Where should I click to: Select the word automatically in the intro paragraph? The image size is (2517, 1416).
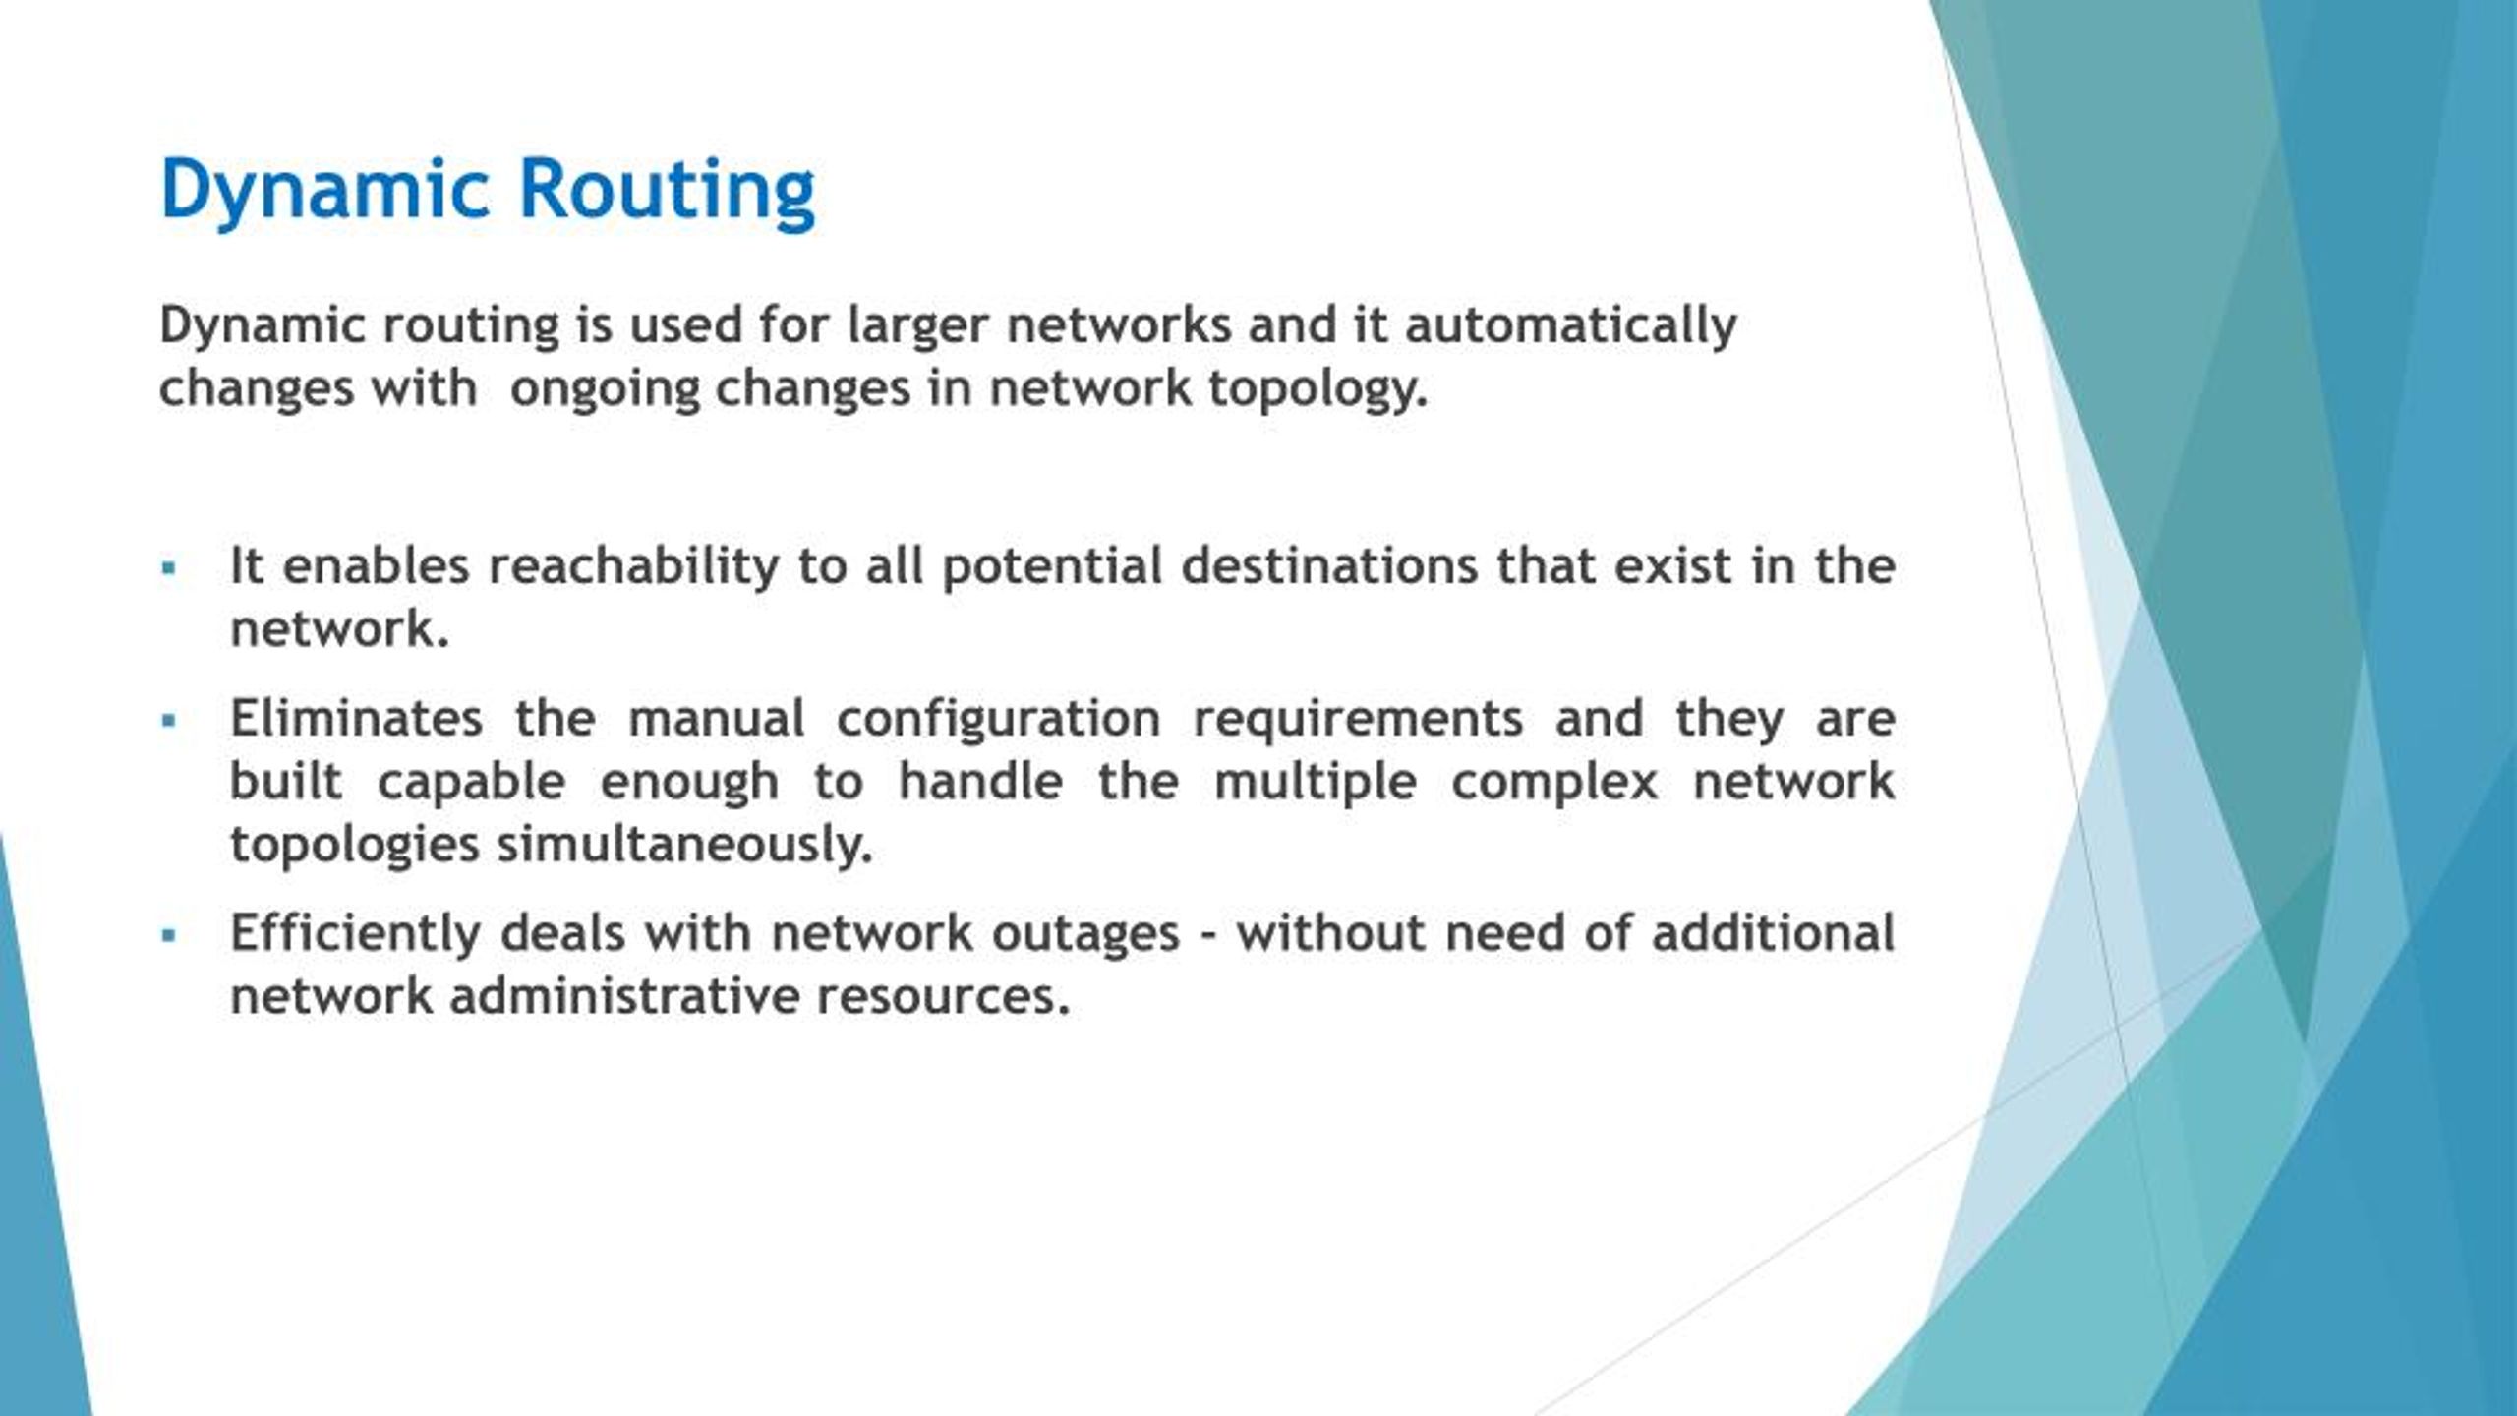pos(1570,325)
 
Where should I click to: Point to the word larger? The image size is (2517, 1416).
pos(916,325)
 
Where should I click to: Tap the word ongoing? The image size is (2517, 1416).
pos(604,388)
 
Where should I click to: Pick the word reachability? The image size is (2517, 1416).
pos(633,566)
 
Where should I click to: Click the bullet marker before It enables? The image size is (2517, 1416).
pos(169,568)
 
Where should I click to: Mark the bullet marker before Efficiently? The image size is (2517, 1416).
pos(169,935)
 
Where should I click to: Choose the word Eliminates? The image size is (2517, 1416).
pos(356,719)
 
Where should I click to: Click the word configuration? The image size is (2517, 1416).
pos(998,719)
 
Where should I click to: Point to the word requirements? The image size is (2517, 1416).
pos(1358,719)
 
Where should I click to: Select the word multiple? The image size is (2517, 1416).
pos(1316,782)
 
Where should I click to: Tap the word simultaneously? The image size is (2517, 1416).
pos(684,845)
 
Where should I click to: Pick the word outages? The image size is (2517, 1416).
pos(1084,933)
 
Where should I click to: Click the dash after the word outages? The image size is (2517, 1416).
pos(1208,935)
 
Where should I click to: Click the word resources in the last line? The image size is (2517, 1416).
pos(942,996)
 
